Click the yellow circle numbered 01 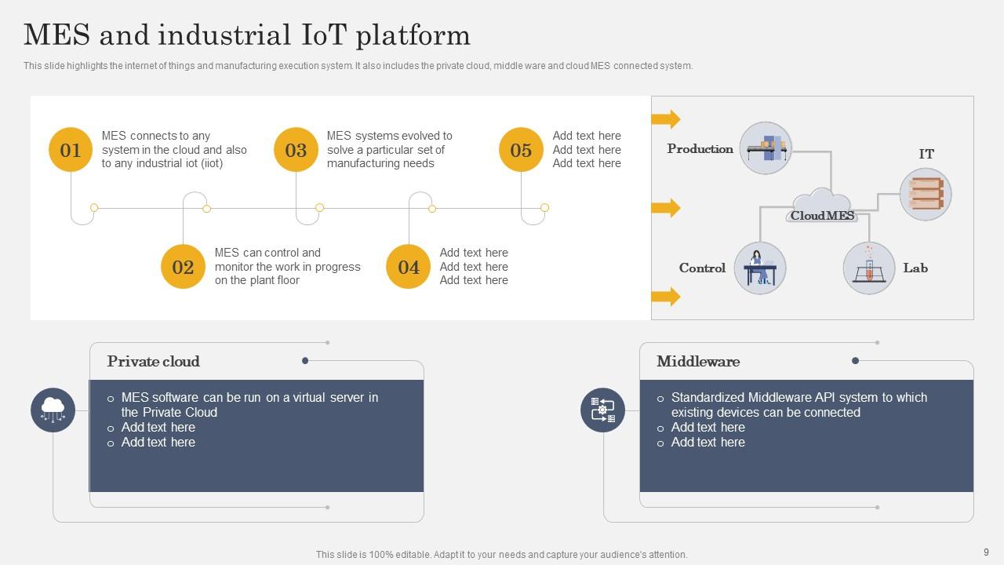pos(71,150)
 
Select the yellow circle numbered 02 pos(183,267)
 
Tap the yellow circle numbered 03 pos(296,150)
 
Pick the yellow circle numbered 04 pos(409,267)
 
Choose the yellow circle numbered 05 pos(521,150)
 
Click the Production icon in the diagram pos(766,148)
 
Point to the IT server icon pos(926,194)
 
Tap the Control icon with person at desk pos(759,268)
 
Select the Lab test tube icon pos(868,268)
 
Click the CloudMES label pos(822,216)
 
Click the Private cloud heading pos(154,362)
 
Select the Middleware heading pos(698,362)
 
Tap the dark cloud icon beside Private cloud pos(53,410)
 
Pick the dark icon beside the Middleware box pos(602,410)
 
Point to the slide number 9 pos(986,552)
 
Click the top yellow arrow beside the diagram pos(665,119)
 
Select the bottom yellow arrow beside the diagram pos(665,297)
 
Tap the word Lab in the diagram pos(915,268)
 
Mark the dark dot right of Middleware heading pos(855,361)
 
